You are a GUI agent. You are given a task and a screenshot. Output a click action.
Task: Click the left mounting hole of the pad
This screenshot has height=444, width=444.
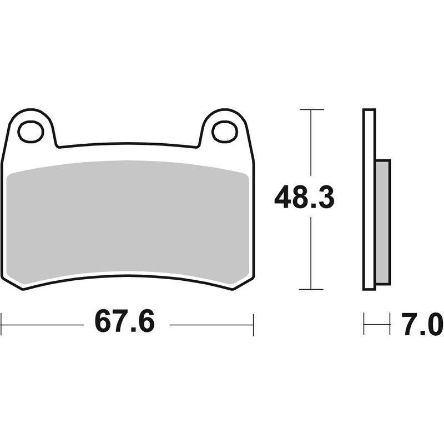tap(31, 132)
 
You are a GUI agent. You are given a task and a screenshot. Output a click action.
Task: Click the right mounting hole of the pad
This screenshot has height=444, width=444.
tap(224, 132)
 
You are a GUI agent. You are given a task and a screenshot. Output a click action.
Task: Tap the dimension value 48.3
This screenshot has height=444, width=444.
tap(304, 198)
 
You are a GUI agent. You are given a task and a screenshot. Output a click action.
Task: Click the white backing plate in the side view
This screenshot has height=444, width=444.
tap(369, 200)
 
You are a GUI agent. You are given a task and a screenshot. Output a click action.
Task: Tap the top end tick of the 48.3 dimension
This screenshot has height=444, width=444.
tap(311, 110)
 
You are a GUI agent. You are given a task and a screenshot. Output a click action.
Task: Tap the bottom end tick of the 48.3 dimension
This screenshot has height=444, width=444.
tap(311, 289)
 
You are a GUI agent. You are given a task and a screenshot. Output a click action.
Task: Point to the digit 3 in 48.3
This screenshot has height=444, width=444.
tap(324, 198)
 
